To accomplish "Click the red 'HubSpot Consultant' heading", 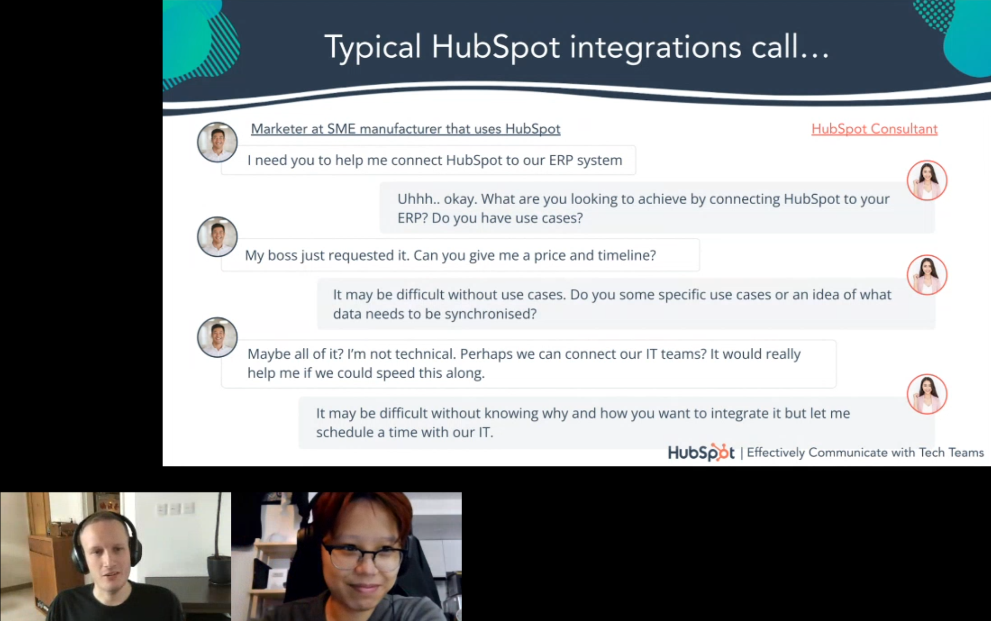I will click(874, 129).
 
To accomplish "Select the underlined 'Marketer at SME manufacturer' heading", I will click(405, 129).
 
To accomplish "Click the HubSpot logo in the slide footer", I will click(700, 452).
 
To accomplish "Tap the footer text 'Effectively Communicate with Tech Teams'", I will click(865, 452).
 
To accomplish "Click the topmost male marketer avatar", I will click(217, 142).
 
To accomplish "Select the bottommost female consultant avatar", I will click(926, 394).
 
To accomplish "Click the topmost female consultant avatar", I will click(926, 180).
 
